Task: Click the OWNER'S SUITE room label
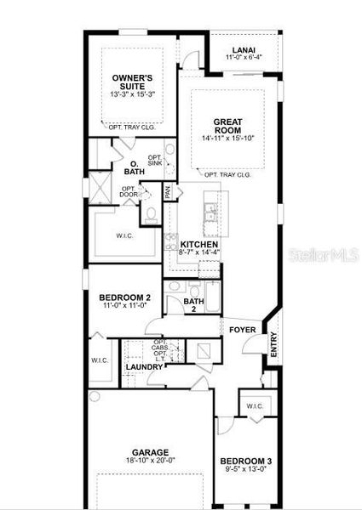(x=132, y=82)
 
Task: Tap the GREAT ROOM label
(x=228, y=126)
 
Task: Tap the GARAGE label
(x=150, y=452)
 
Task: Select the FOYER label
(x=238, y=329)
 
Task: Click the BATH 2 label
(x=194, y=304)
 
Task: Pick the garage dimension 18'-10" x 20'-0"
(x=150, y=461)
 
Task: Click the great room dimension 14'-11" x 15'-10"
(x=228, y=138)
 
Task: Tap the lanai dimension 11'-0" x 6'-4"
(x=244, y=57)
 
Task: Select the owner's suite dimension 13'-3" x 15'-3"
(x=132, y=94)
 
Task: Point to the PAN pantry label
(x=168, y=193)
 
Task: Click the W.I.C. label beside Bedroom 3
(x=256, y=405)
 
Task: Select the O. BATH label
(x=134, y=167)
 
